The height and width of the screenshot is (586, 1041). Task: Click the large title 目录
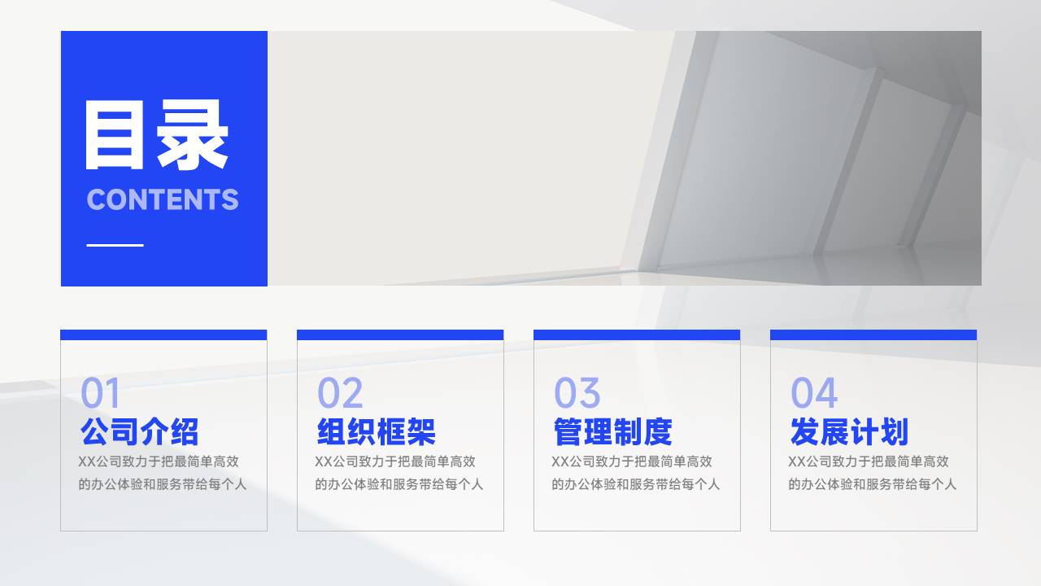click(156, 136)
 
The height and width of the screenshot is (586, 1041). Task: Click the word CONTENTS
click(163, 199)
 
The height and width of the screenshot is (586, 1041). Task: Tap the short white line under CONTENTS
click(115, 244)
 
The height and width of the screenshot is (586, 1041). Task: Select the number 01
click(100, 394)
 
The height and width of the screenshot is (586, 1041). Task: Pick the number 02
click(340, 394)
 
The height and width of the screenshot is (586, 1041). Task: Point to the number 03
click(577, 394)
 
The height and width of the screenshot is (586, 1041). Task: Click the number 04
click(813, 394)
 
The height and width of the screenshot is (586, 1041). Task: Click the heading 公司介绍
click(139, 431)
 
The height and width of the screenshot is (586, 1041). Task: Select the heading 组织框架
click(376, 431)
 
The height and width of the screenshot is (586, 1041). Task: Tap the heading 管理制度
click(612, 431)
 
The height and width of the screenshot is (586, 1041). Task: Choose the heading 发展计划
click(849, 431)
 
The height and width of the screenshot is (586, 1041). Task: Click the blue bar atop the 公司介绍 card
click(163, 335)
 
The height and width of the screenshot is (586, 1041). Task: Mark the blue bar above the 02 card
click(400, 335)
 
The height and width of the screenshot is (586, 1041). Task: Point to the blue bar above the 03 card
click(637, 335)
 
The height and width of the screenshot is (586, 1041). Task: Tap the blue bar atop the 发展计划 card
click(873, 335)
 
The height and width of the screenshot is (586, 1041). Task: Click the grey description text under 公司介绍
click(162, 473)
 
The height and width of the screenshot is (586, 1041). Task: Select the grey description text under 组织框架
click(399, 473)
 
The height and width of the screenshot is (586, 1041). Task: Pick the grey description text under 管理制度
click(635, 473)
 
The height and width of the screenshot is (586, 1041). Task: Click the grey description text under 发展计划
click(872, 473)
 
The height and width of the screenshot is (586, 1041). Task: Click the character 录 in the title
click(193, 136)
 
